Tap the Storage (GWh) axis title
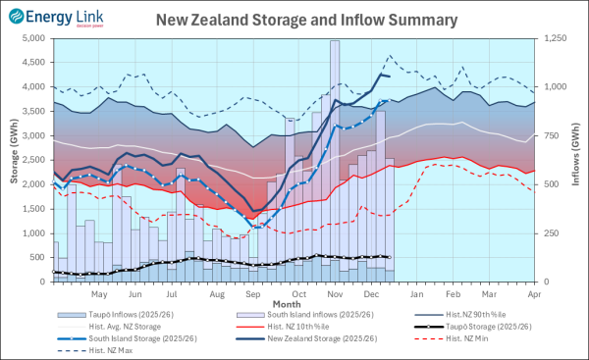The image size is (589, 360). click(11, 160)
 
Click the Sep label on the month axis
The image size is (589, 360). click(252, 293)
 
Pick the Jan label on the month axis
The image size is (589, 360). click(417, 293)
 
